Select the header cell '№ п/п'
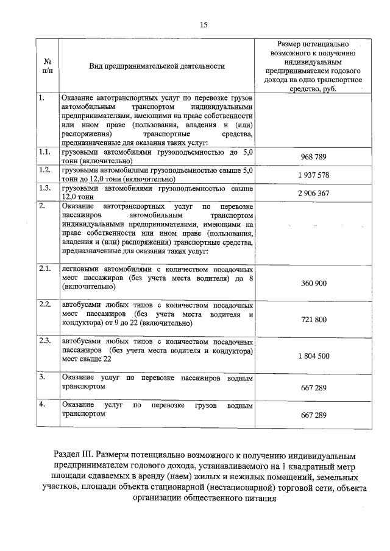pyautogui.click(x=47, y=66)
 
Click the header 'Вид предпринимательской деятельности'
pyautogui.click(x=157, y=66)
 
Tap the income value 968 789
pyautogui.click(x=314, y=157)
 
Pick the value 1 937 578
pyautogui.click(x=314, y=175)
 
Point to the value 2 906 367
pyautogui.click(x=314, y=193)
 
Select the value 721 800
pyautogui.click(x=314, y=320)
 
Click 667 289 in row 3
pyautogui.click(x=314, y=387)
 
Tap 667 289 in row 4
pyautogui.click(x=314, y=415)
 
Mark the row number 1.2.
pyautogui.click(x=43, y=170)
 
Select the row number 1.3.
pyautogui.click(x=43, y=188)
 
